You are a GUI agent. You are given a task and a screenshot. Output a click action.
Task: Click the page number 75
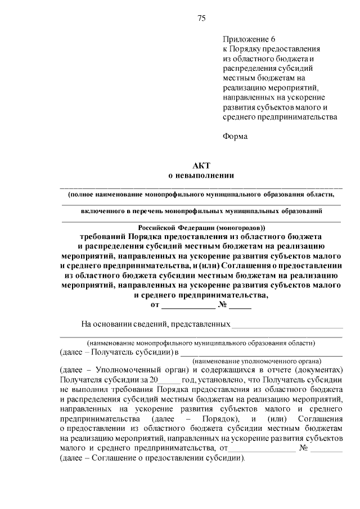point(201,18)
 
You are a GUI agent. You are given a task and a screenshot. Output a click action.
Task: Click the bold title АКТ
point(201,166)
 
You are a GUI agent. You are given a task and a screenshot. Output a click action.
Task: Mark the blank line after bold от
point(188,307)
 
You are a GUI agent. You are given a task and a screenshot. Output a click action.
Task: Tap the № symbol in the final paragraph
point(304,448)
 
